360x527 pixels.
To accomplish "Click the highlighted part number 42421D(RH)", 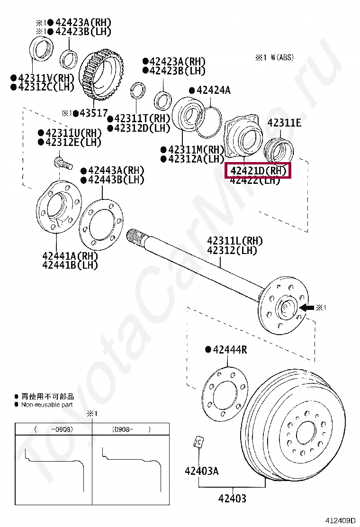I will [x=258, y=171].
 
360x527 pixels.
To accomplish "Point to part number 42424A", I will [x=213, y=90].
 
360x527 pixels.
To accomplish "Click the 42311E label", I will [x=284, y=123].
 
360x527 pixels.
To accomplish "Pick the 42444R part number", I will [x=230, y=350].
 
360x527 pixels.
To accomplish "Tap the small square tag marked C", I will [x=198, y=442].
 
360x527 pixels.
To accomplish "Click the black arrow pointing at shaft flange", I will [x=307, y=308].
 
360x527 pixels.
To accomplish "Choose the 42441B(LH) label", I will [x=70, y=265].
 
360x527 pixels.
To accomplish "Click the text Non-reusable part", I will [x=47, y=405].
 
